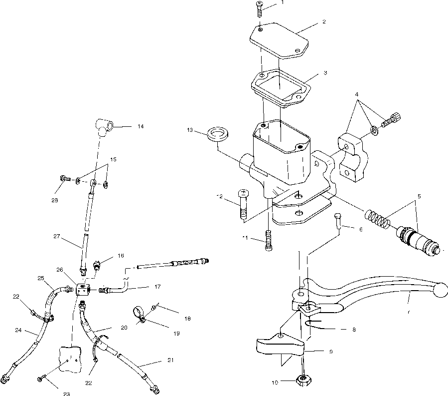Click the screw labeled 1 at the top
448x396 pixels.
260,8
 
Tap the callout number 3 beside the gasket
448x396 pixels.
324,73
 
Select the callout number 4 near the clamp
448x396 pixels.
357,95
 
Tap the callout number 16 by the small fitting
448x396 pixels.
121,255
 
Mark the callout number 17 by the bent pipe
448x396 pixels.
157,287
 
